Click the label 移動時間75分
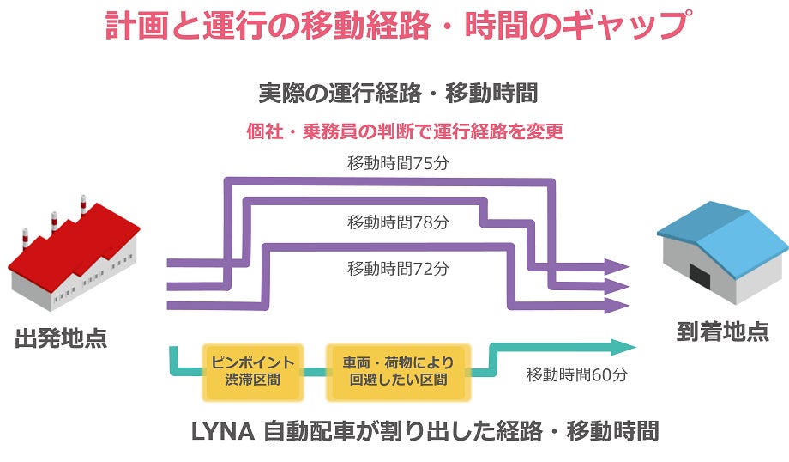point(398,163)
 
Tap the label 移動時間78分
point(398,222)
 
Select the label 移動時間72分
point(398,268)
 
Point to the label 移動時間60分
point(577,375)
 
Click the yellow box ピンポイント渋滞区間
point(253,370)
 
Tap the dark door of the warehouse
point(702,277)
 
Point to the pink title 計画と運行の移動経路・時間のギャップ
point(395,27)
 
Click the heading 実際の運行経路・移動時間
point(398,92)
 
